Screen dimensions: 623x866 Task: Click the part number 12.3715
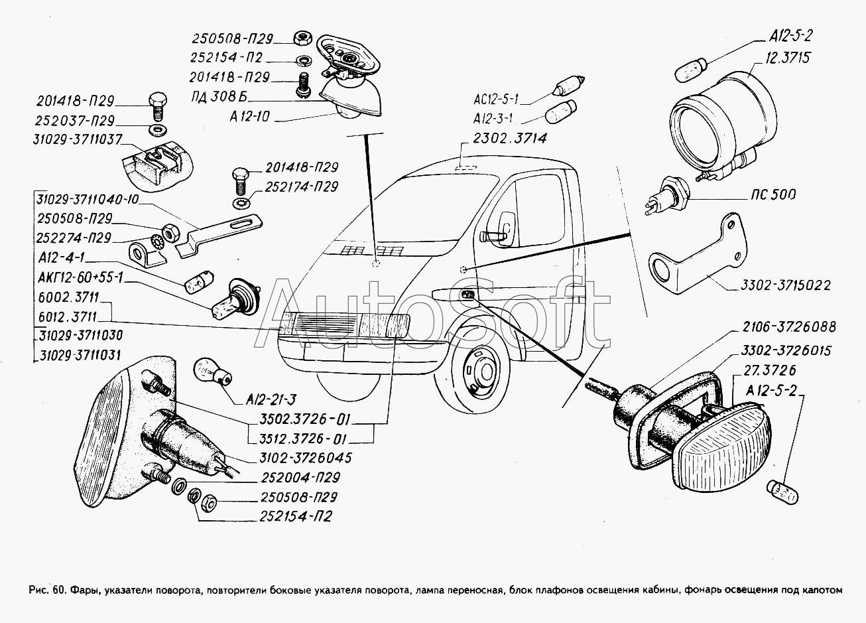tap(788, 58)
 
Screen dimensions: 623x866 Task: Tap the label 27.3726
tap(769, 370)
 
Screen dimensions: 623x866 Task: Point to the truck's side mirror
tap(506, 224)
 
